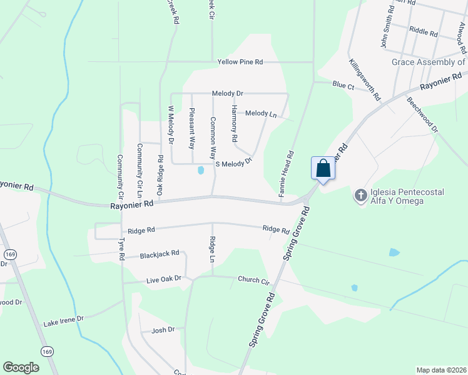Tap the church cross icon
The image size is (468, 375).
(x=360, y=196)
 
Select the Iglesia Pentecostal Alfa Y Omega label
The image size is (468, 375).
(x=397, y=196)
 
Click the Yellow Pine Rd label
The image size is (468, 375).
(x=240, y=62)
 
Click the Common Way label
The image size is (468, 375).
(x=213, y=137)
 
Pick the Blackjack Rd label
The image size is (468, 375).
(x=160, y=254)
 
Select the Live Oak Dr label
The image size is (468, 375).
(x=164, y=278)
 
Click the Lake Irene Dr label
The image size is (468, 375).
(x=63, y=322)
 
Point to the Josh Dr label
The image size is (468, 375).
(x=163, y=329)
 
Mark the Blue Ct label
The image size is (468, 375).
(x=343, y=84)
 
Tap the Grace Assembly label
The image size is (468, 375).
(x=428, y=62)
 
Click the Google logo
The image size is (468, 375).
(x=21, y=367)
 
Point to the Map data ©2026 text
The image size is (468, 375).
(x=441, y=370)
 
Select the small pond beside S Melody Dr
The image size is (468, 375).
(x=201, y=169)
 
